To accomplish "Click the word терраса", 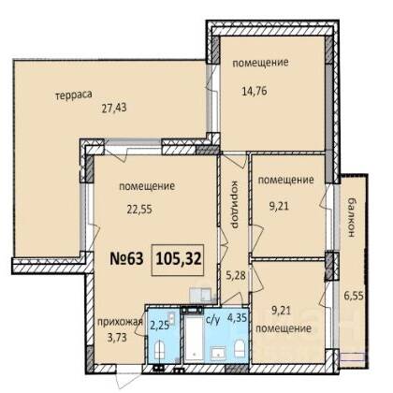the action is [x=74, y=95].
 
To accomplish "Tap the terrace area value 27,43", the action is [x=114, y=108].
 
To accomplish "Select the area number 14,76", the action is [x=255, y=92].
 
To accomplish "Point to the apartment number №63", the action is [x=126, y=259].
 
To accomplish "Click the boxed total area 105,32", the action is [x=179, y=259].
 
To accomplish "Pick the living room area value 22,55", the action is [x=139, y=209].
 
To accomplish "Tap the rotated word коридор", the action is [x=234, y=205].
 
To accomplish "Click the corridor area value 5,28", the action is [x=236, y=275].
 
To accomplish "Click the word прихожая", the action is [x=120, y=323].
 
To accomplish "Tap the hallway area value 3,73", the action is [x=116, y=337].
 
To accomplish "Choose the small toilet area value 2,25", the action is [x=160, y=326].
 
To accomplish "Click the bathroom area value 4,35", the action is [x=238, y=318].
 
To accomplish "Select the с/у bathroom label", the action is [x=213, y=319].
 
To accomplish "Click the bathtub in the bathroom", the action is [x=194, y=340].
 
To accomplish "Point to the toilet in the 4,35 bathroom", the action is [x=240, y=349].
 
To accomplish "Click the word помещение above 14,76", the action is [x=260, y=63].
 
